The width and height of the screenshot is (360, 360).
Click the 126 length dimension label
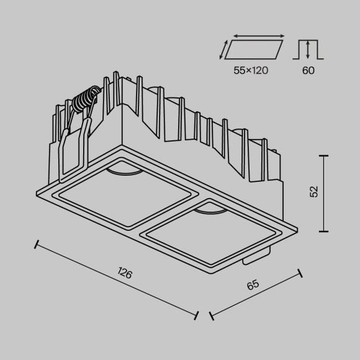point(125,274)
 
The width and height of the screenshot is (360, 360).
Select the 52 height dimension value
point(313,192)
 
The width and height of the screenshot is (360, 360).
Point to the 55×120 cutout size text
point(251,70)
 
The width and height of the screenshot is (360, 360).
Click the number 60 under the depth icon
point(308,70)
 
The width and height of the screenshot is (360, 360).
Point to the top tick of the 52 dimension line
point(323,155)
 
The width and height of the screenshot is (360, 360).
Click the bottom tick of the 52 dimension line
point(323,230)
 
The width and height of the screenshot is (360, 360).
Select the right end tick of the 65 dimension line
point(300,273)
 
